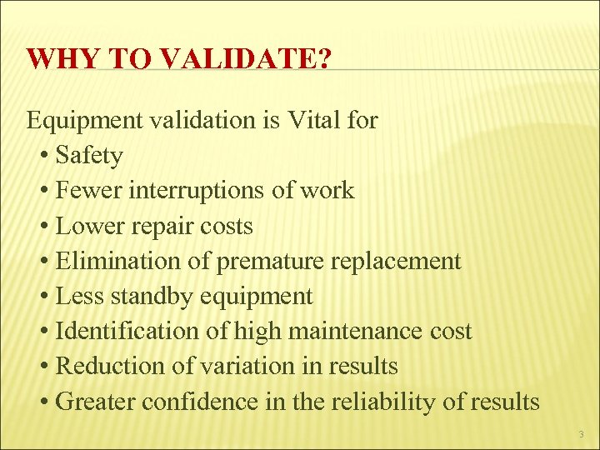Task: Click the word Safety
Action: pos(89,156)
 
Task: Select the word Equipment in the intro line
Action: pos(85,121)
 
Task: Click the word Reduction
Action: pos(105,366)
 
